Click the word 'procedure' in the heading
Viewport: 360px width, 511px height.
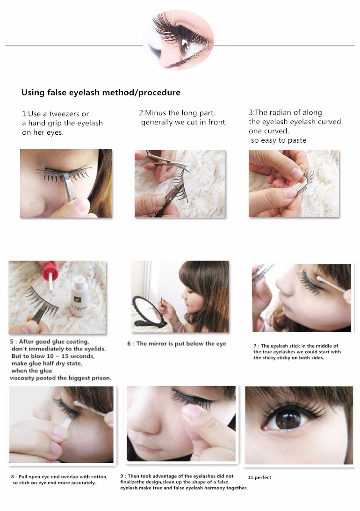click(x=159, y=93)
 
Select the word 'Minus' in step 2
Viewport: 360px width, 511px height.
click(x=156, y=113)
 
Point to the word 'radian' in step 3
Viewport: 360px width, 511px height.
click(x=280, y=112)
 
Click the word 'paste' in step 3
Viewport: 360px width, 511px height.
click(x=297, y=140)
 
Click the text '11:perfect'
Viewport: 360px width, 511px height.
click(x=259, y=477)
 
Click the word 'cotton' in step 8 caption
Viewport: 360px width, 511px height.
click(x=98, y=477)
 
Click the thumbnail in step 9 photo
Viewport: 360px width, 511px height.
click(x=193, y=411)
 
